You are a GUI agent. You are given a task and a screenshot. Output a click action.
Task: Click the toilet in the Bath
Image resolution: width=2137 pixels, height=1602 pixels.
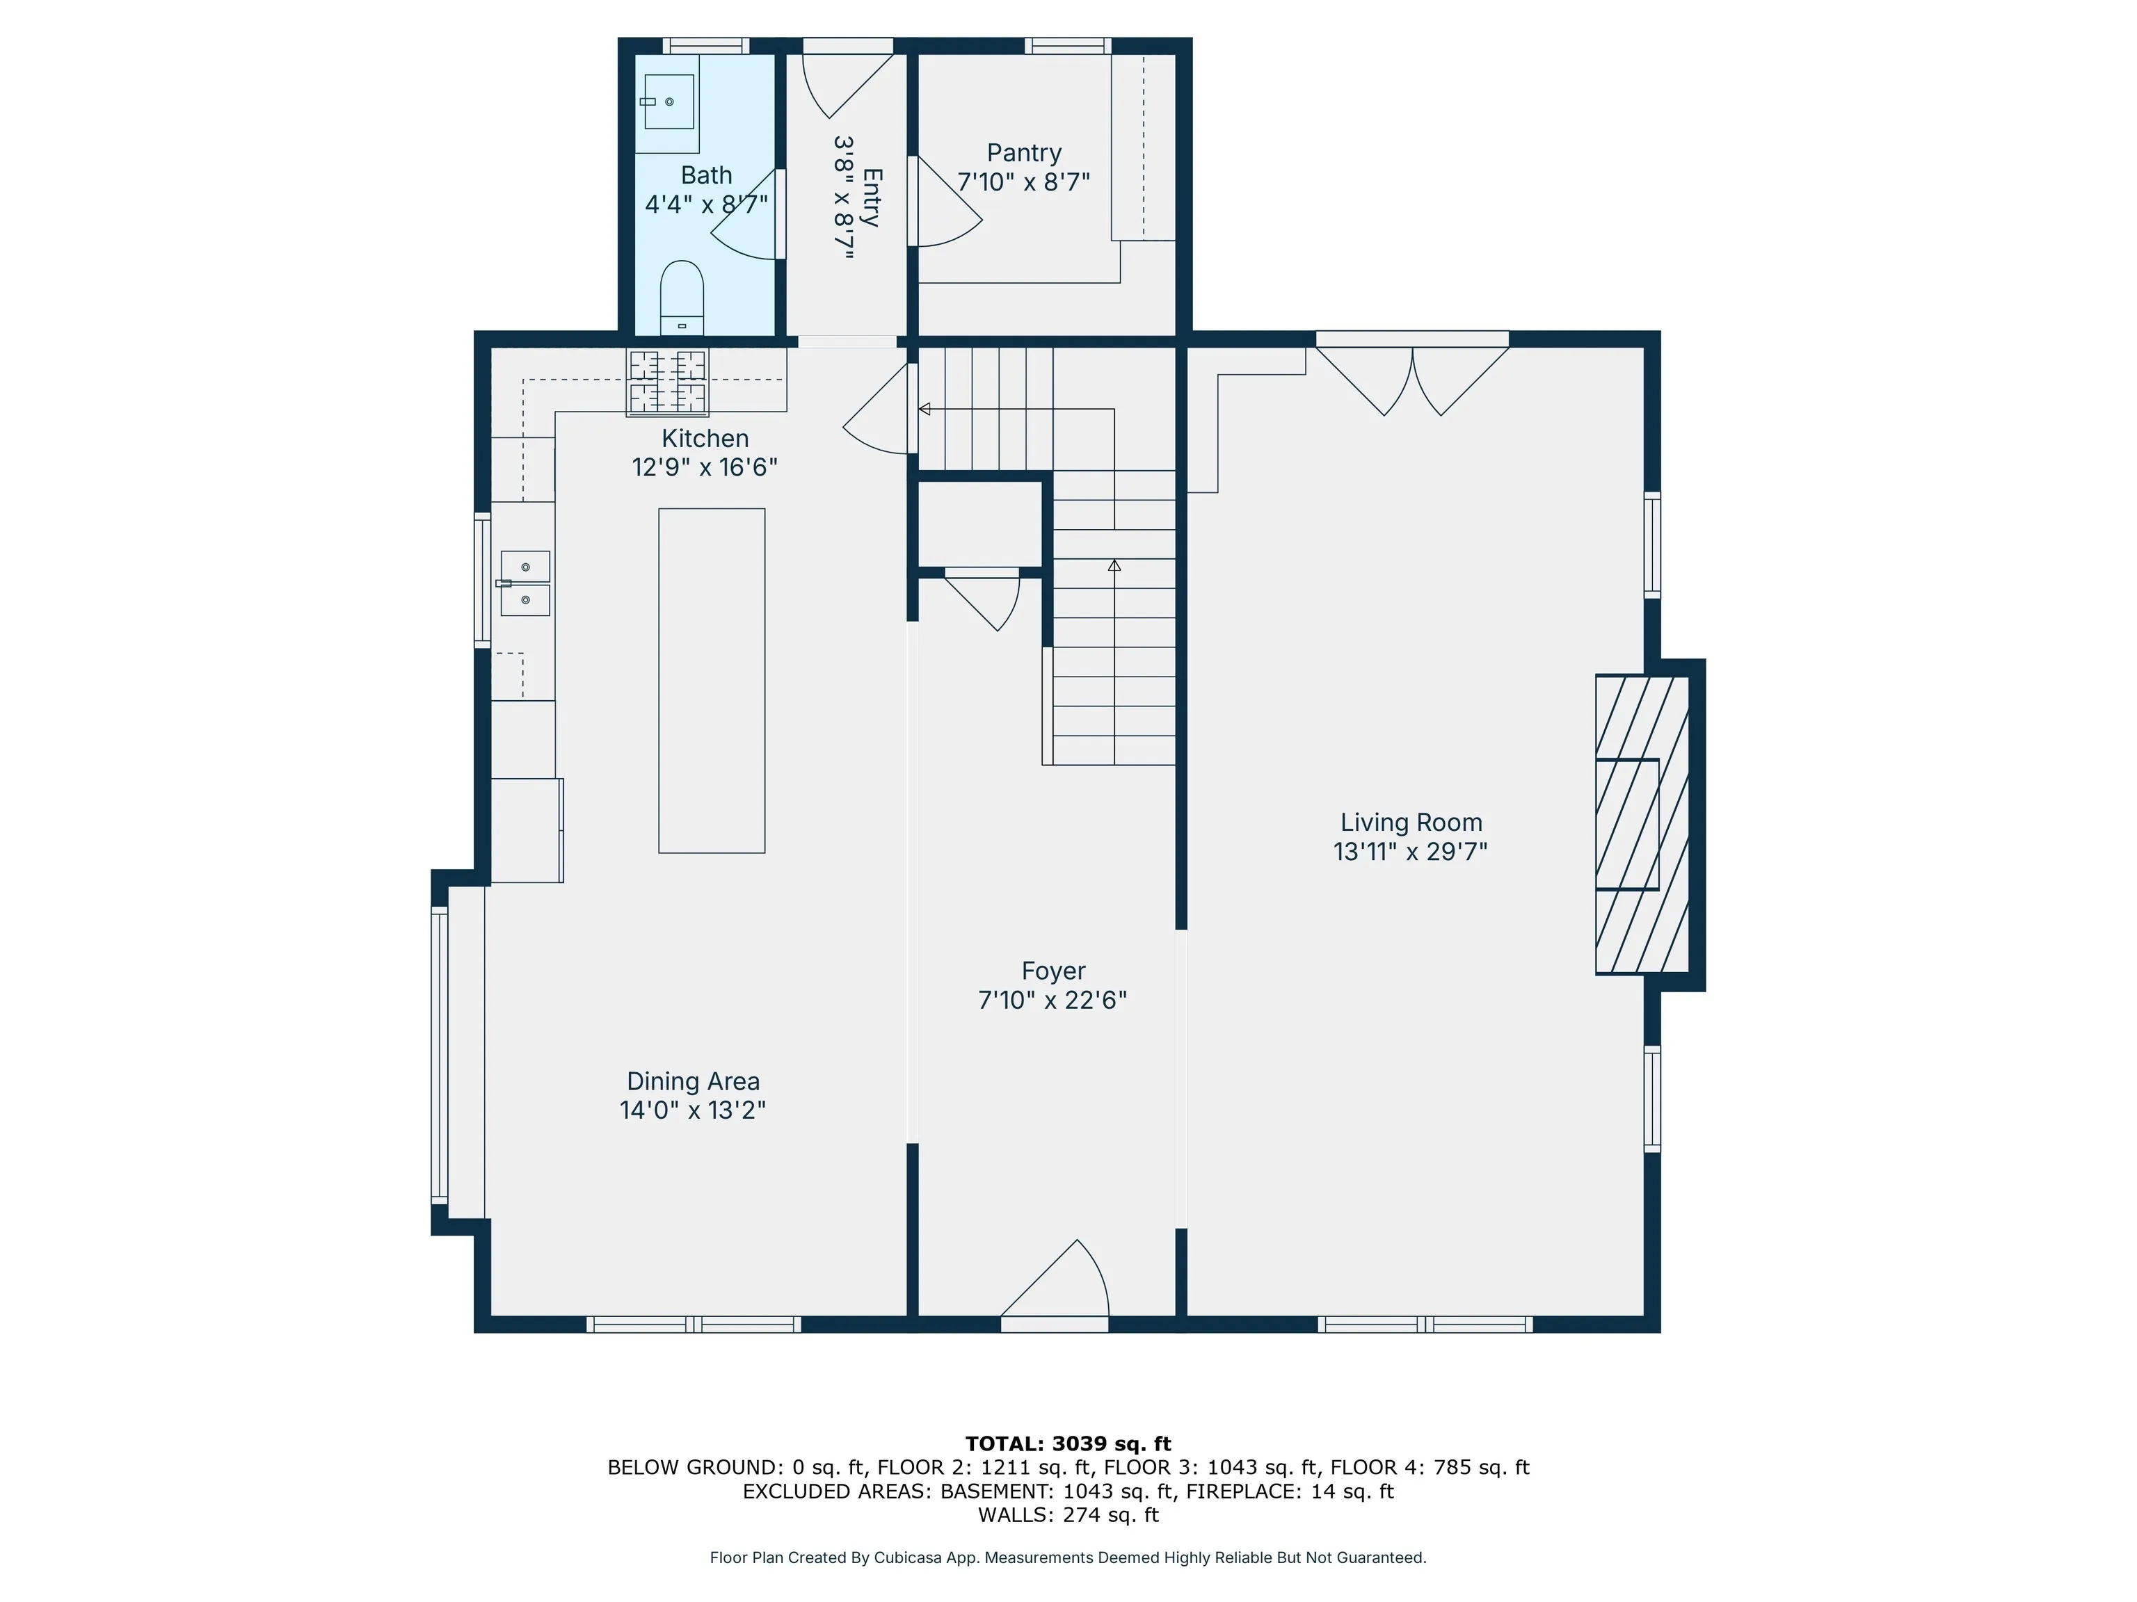[682, 298]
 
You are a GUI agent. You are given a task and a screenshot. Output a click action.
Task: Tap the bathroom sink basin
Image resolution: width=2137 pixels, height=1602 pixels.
[669, 102]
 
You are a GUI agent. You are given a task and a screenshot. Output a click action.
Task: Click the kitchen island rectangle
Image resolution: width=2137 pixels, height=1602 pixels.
[712, 681]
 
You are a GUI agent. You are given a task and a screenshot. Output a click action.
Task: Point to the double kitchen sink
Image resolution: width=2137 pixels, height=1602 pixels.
[525, 583]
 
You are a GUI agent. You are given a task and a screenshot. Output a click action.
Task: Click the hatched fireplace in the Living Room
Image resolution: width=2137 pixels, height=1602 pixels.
[1642, 824]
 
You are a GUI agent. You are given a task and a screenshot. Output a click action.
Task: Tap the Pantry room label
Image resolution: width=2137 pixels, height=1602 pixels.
[1024, 152]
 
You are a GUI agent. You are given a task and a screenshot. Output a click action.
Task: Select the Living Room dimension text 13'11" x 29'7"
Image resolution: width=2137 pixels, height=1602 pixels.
[1411, 852]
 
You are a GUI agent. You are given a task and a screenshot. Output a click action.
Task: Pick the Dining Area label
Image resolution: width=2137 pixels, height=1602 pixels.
[694, 1081]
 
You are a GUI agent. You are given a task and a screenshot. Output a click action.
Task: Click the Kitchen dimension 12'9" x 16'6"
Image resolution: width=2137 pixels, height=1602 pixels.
[705, 467]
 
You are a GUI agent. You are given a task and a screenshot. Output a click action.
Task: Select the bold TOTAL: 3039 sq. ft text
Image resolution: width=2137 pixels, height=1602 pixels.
[1068, 1443]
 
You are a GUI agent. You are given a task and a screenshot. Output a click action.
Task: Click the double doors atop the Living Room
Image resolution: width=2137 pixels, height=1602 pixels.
[1412, 380]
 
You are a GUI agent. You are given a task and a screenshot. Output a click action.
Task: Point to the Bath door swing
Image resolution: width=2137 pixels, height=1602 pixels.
[746, 214]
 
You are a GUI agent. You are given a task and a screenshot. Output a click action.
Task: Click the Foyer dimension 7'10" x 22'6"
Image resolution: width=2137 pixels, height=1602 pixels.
[1053, 1001]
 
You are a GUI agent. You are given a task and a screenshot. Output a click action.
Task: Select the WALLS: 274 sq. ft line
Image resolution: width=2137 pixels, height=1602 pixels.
[1068, 1515]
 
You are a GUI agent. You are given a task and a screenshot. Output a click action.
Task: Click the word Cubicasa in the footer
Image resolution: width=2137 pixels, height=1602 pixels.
[910, 1557]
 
